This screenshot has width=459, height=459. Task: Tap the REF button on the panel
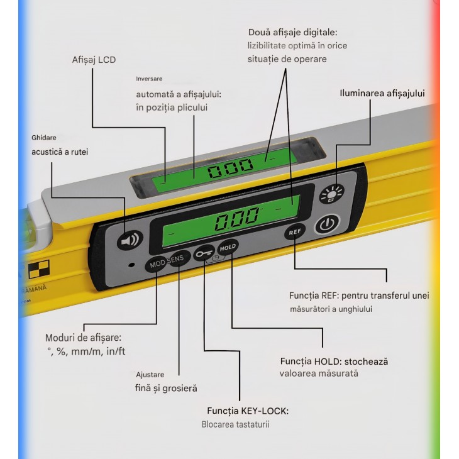tap(294, 232)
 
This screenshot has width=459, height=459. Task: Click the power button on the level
tap(325, 224)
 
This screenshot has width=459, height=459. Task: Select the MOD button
tap(157, 265)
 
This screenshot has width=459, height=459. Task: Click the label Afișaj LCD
tap(94, 60)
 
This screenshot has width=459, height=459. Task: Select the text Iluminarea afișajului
tap(382, 93)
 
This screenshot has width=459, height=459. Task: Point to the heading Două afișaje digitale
tap(292, 31)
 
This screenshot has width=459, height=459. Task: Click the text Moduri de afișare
tap(83, 338)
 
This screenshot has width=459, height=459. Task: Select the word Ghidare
tap(44, 137)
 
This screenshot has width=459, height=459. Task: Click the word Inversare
tap(149, 79)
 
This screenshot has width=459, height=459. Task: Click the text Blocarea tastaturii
tap(236, 424)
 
